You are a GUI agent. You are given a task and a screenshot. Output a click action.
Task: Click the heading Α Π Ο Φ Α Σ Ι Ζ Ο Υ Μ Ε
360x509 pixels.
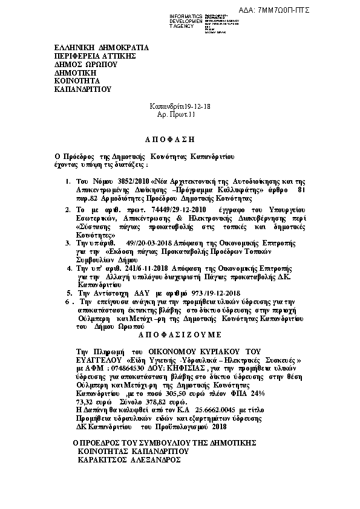180,334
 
